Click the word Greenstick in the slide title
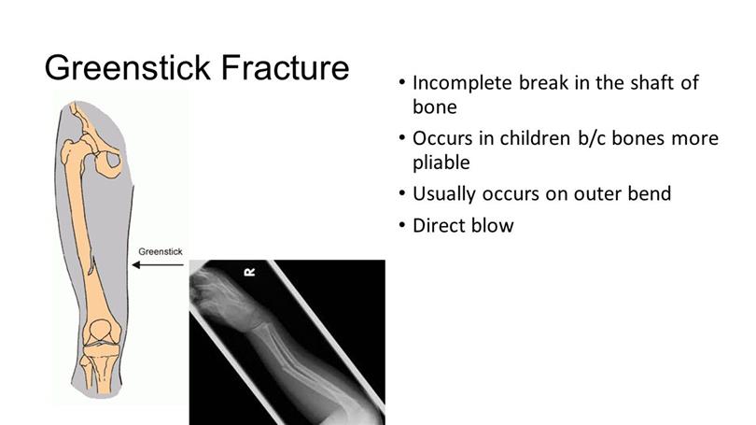tap(128, 67)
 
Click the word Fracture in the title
tap(285, 67)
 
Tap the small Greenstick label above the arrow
tap(161, 251)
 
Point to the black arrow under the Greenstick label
tap(158, 264)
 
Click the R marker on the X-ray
tap(250, 273)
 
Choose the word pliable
tap(441, 163)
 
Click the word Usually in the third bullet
tap(444, 194)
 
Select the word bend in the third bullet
tap(650, 193)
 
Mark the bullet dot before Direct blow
tap(402, 225)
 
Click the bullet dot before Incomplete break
tap(402, 82)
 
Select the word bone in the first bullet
tap(434, 106)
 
